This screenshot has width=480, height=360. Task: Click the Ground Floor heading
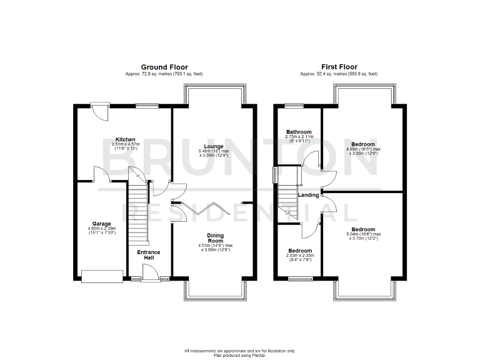(164, 67)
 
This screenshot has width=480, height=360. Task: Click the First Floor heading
(339, 67)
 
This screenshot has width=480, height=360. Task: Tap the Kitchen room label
(125, 139)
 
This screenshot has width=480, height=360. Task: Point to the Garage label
(102, 224)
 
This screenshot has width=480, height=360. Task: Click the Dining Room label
(215, 238)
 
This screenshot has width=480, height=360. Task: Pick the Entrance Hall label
(149, 255)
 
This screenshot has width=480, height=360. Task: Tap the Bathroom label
(299, 132)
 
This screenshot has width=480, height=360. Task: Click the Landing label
(309, 195)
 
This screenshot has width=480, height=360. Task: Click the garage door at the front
(102, 276)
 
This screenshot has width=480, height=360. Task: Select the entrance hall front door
(150, 273)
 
